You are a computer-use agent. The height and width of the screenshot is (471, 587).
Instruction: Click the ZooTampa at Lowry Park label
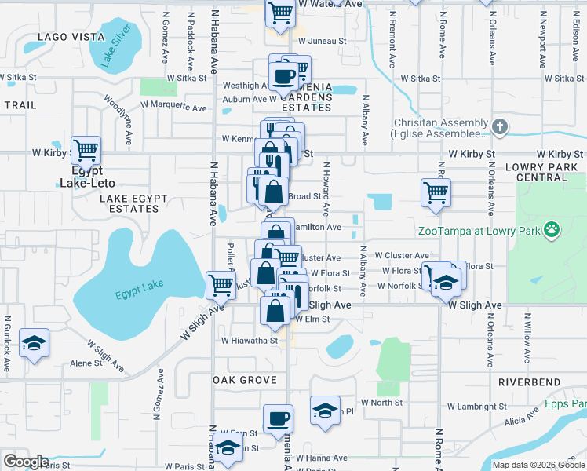point(479,231)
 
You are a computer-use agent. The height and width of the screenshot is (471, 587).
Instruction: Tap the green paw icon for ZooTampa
point(553,230)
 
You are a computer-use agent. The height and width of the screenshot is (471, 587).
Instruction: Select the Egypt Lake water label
point(139,289)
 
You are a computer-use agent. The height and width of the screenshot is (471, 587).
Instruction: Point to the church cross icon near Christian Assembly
point(500,127)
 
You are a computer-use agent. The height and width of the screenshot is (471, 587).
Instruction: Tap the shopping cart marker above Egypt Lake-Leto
point(86,149)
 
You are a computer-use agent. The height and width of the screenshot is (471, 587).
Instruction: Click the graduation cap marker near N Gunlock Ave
point(35,343)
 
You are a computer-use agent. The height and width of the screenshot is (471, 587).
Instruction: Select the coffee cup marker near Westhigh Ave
point(284,77)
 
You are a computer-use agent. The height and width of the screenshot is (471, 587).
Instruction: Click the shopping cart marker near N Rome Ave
point(436,192)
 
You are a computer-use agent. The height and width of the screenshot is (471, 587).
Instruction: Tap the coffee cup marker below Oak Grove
point(277,418)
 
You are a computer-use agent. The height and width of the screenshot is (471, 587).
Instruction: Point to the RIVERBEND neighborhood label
point(529,382)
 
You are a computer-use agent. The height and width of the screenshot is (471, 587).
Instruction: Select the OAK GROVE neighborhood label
point(245,380)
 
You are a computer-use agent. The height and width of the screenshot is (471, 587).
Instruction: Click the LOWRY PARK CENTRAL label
point(541,172)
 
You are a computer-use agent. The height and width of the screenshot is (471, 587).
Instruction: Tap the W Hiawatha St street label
point(250,341)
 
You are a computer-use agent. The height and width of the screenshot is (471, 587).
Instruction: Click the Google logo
point(26,462)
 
